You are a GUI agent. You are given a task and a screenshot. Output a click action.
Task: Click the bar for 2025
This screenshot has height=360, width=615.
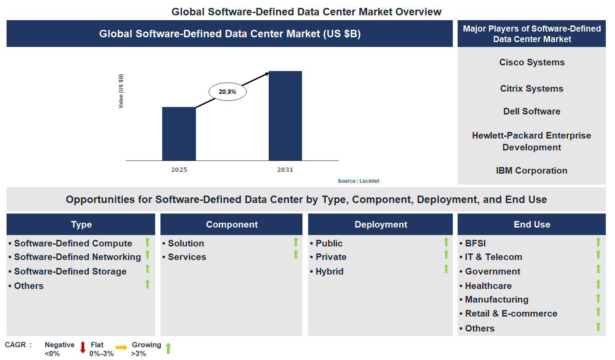179,134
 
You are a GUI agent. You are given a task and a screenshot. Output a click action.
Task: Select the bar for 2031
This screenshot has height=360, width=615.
285,116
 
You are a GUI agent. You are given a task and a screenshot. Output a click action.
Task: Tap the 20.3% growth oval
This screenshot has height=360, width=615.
228,92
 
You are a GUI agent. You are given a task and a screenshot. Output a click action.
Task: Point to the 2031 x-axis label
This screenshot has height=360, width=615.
285,170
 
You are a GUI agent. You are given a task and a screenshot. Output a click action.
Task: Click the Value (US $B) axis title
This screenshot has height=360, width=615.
121,91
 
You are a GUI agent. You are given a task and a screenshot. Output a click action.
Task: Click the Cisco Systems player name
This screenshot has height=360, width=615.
532,62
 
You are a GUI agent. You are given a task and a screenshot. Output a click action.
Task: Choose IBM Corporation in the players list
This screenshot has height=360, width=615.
532,171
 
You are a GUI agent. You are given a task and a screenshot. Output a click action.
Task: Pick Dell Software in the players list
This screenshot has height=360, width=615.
532,111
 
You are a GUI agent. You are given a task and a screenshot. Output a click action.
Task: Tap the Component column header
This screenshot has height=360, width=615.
232,225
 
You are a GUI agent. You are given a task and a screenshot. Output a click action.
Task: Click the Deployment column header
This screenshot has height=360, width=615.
381,225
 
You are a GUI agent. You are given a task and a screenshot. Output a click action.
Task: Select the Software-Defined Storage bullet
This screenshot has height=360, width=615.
70,271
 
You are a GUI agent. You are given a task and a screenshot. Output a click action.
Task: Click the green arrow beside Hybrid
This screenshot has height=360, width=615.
446,269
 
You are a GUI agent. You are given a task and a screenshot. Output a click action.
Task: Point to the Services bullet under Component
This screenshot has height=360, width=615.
187,257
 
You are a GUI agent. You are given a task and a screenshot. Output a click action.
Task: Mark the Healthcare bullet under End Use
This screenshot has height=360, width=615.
488,286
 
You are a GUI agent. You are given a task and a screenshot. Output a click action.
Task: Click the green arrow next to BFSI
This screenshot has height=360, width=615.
598,242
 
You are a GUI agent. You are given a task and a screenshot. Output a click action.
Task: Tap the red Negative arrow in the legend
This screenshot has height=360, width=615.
82,348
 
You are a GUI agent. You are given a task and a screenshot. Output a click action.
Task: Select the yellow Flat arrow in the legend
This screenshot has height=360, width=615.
121,347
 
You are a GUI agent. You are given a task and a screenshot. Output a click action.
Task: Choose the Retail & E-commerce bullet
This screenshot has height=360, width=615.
511,314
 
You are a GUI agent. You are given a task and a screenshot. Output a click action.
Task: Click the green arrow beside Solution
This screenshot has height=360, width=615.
296,242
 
